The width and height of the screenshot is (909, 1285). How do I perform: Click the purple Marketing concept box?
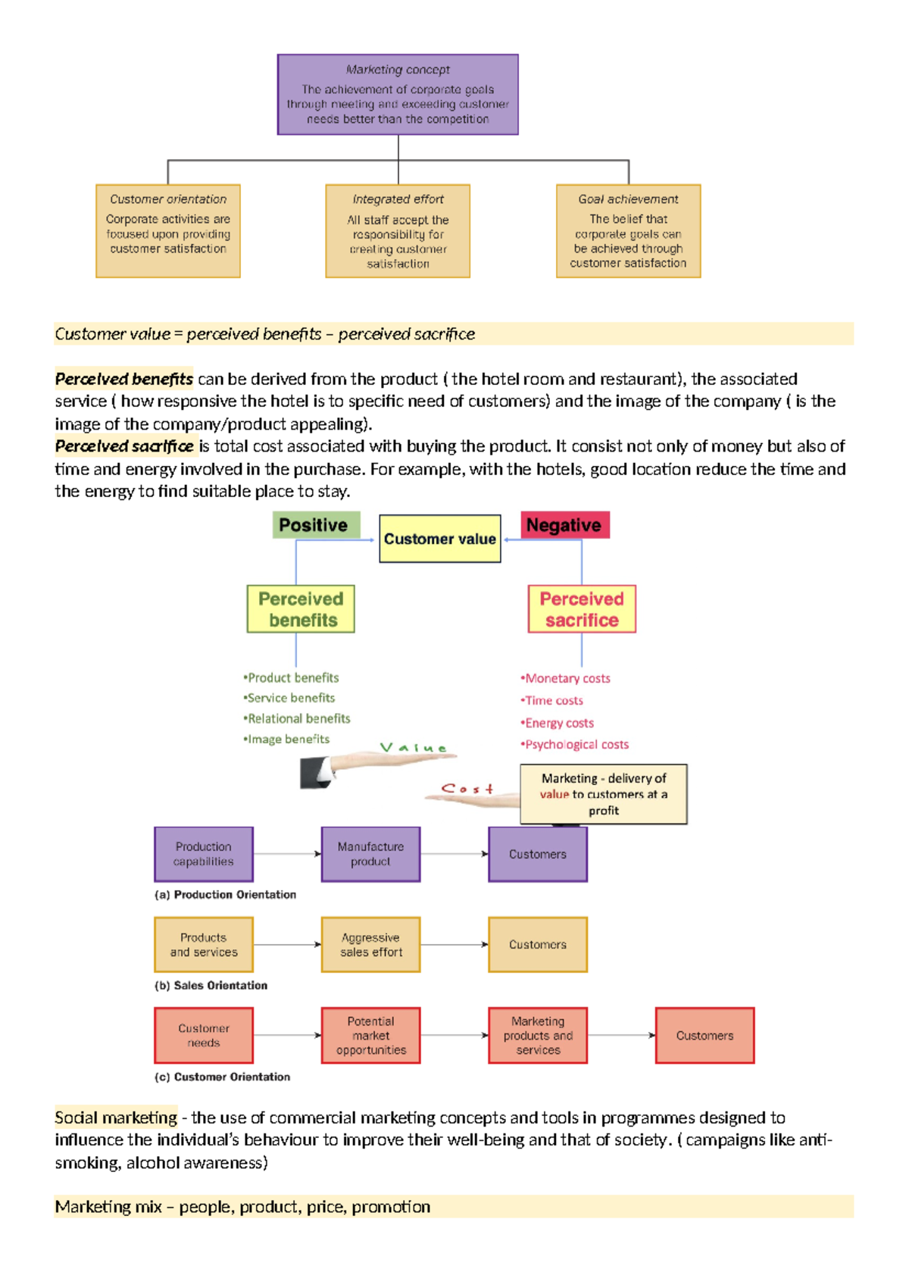pyautogui.click(x=398, y=95)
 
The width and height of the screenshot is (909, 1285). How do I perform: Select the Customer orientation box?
pyautogui.click(x=168, y=231)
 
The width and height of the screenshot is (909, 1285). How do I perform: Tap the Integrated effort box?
pyautogui.click(x=398, y=231)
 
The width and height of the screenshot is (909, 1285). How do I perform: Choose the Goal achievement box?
pyautogui.click(x=628, y=231)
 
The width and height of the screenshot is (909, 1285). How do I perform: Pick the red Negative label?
pyautogui.click(x=564, y=525)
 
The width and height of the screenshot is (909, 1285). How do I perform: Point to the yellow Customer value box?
pyautogui.click(x=439, y=539)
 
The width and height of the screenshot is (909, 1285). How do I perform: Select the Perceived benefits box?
pyautogui.click(x=301, y=609)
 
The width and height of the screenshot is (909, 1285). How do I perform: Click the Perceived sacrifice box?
pyautogui.click(x=582, y=609)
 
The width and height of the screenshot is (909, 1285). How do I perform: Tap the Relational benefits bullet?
pyautogui.click(x=298, y=718)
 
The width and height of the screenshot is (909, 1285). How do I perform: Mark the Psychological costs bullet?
pyautogui.click(x=576, y=745)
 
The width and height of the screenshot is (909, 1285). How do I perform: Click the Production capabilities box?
pyautogui.click(x=204, y=854)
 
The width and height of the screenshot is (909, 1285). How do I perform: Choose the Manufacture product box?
pyautogui.click(x=370, y=854)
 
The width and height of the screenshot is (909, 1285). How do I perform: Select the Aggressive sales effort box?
pyautogui.click(x=370, y=945)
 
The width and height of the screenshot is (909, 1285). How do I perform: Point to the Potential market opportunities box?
pyautogui.click(x=370, y=1036)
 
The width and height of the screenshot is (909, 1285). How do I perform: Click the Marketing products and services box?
pyautogui.click(x=538, y=1036)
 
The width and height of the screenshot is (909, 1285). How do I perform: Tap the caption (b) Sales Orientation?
pyautogui.click(x=211, y=986)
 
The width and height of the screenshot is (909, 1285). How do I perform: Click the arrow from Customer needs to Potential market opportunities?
pyautogui.click(x=287, y=1035)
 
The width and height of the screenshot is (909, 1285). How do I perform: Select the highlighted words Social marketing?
pyautogui.click(x=116, y=1118)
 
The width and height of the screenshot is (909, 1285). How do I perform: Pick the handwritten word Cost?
pyautogui.click(x=467, y=789)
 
